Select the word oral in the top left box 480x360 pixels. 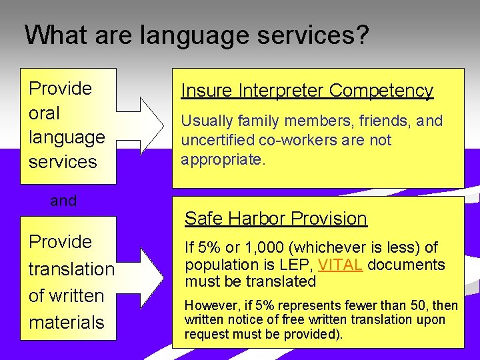(44, 113)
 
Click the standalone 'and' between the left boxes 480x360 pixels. (63, 201)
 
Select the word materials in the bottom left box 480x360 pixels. (67, 323)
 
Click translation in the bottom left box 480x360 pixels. (71, 269)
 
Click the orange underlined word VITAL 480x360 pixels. (340, 265)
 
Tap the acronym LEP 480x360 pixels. (301, 265)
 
